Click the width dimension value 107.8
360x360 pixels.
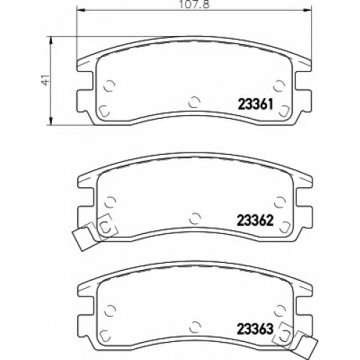[194, 4]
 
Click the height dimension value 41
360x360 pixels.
[46, 79]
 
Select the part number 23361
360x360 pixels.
[256, 104]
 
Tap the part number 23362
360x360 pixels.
[255, 220]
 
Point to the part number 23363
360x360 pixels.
[255, 329]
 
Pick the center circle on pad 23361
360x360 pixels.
[194, 102]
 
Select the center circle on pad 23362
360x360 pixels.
[195, 218]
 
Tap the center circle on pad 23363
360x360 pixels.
[195, 327]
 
